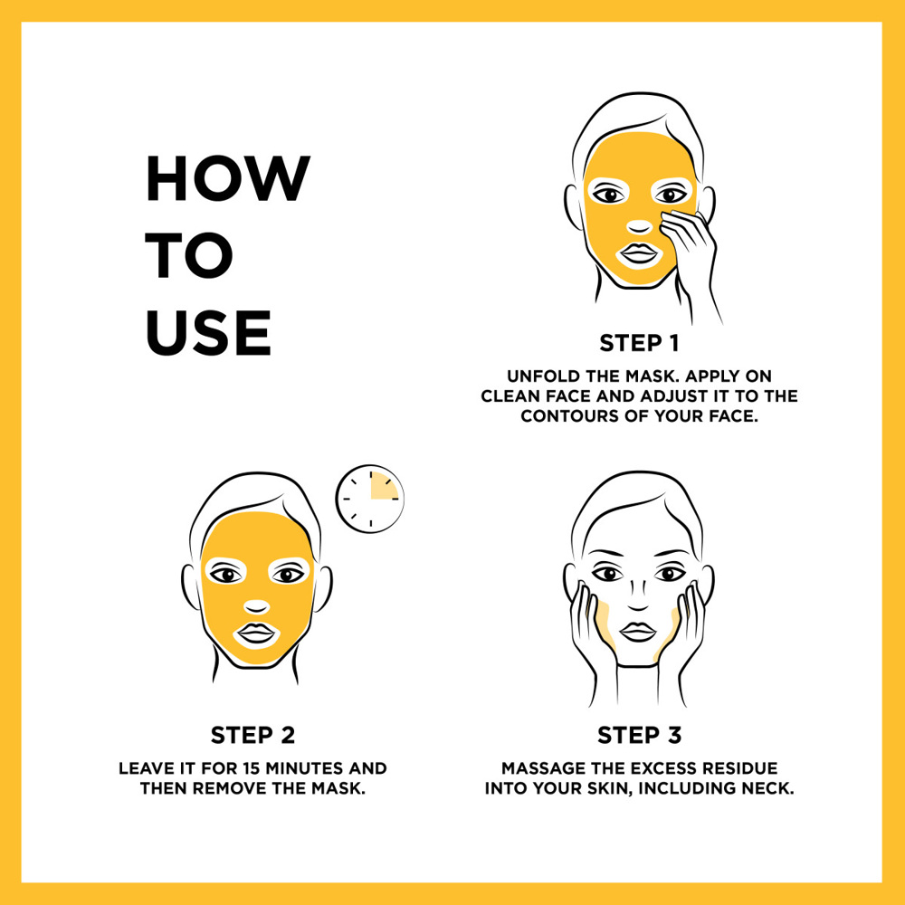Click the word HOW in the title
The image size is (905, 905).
pyautogui.click(x=227, y=178)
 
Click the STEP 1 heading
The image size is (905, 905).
pyautogui.click(x=639, y=343)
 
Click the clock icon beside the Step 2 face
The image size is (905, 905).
pyautogui.click(x=370, y=499)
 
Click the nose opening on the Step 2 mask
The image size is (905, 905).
pyautogui.click(x=257, y=606)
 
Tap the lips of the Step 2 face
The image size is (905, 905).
pyautogui.click(x=256, y=633)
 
